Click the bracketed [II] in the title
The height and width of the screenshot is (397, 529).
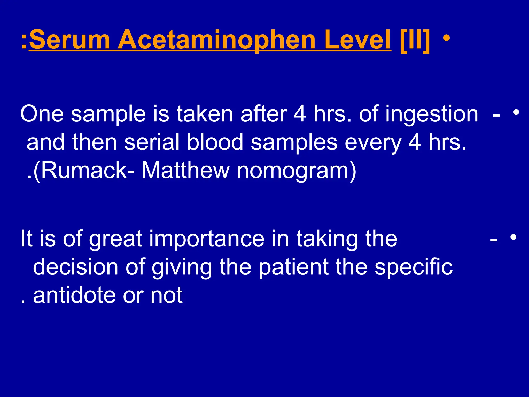[415, 40]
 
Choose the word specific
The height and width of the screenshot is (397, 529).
[414, 267]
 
